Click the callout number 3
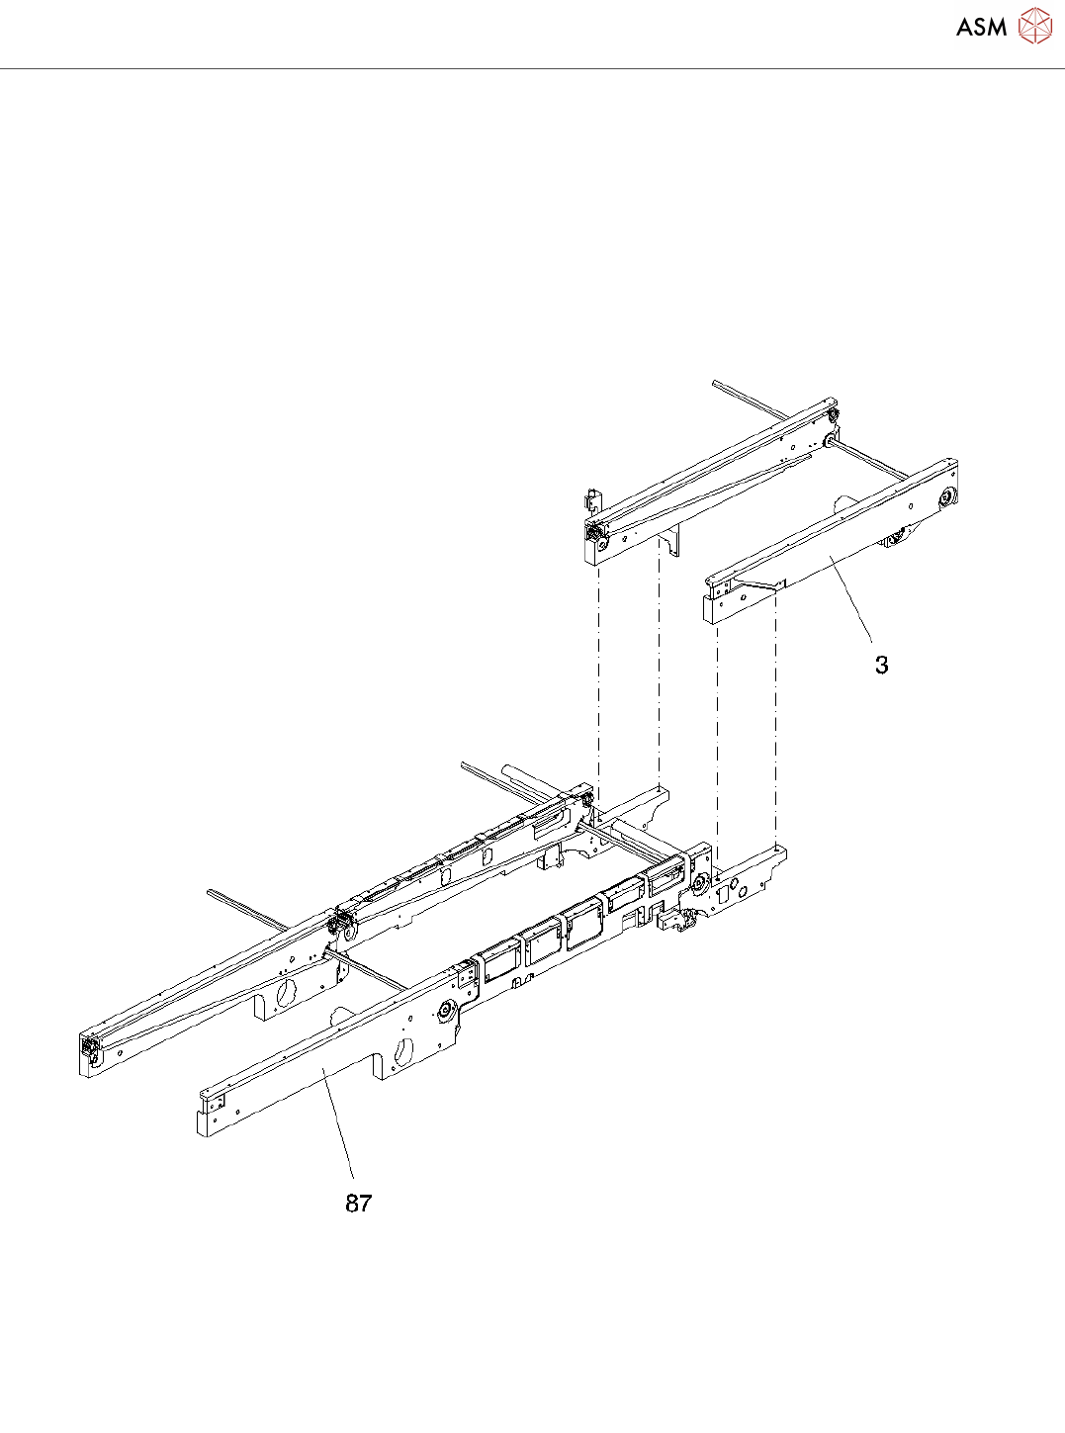tap(881, 666)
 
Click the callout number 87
tap(358, 1204)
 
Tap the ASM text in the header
tap(981, 28)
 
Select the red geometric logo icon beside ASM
tap(1035, 26)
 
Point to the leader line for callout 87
tap(338, 1127)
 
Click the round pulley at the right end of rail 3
tap(946, 496)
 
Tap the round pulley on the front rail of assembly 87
tap(444, 1011)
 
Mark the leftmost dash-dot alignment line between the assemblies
tap(598, 682)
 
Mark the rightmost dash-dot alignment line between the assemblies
tap(776, 722)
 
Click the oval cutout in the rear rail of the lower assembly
tap(287, 991)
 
